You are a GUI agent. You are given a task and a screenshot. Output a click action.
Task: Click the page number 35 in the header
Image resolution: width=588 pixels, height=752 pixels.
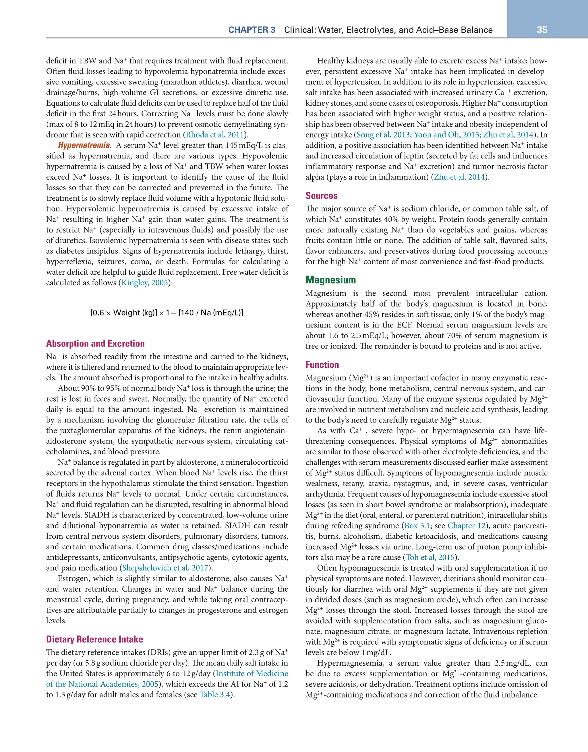click(542, 30)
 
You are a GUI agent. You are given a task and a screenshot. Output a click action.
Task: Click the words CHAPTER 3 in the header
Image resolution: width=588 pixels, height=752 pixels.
click(252, 30)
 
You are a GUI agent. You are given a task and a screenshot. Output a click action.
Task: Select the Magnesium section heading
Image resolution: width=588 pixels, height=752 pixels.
click(331, 280)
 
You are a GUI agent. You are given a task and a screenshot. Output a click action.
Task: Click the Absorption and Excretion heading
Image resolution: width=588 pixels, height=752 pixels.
click(95, 343)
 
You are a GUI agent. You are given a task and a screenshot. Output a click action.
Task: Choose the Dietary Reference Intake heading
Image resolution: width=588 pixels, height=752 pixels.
click(94, 639)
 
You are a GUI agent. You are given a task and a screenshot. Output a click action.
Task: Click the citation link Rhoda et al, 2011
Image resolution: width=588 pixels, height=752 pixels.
click(215, 135)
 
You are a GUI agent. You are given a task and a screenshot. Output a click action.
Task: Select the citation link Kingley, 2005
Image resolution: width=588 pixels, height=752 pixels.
click(145, 283)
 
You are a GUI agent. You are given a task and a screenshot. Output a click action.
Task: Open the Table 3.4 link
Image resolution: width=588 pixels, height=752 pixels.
click(214, 695)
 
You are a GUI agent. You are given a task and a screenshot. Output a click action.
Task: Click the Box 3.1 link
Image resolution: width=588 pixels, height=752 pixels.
click(415, 526)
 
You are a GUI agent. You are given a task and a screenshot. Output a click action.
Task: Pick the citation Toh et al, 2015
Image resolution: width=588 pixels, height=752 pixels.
click(430, 557)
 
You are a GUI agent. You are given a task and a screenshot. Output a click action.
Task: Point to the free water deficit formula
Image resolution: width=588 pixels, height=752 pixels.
click(167, 313)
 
